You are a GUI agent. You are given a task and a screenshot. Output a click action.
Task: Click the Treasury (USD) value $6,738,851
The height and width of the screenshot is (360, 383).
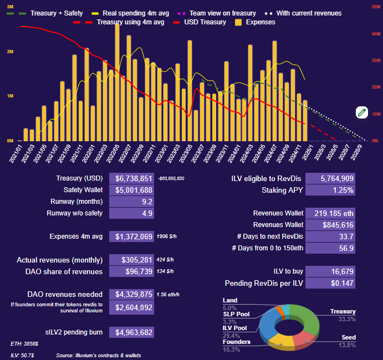(x=131, y=178)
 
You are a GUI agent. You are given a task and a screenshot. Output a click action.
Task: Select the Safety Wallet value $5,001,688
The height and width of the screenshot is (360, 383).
(x=131, y=190)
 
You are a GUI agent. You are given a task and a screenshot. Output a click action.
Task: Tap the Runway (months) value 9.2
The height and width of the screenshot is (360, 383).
(x=131, y=202)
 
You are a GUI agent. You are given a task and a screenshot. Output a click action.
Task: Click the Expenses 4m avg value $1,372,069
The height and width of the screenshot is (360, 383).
(x=131, y=236)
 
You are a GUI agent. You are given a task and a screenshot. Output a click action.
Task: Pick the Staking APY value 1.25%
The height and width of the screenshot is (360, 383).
(x=330, y=190)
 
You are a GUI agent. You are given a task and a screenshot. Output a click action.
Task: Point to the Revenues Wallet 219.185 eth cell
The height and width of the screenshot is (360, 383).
(x=330, y=213)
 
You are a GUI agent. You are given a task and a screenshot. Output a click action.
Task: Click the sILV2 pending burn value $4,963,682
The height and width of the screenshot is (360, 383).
(x=131, y=332)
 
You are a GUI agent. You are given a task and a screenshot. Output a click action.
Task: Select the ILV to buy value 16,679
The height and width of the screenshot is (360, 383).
(x=330, y=271)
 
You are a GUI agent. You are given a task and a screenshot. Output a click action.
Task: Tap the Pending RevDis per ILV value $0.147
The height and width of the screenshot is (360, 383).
(x=330, y=283)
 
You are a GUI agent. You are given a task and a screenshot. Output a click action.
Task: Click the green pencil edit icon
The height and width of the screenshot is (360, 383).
(x=362, y=112)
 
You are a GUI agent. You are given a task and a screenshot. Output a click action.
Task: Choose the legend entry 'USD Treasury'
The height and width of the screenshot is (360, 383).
(x=199, y=22)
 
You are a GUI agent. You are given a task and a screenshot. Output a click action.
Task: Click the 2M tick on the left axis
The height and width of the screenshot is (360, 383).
(x=10, y=52)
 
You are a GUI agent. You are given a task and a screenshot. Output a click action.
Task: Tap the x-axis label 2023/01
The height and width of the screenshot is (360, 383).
(x=162, y=151)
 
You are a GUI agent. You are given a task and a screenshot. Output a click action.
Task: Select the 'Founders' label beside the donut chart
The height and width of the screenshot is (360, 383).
(x=236, y=342)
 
